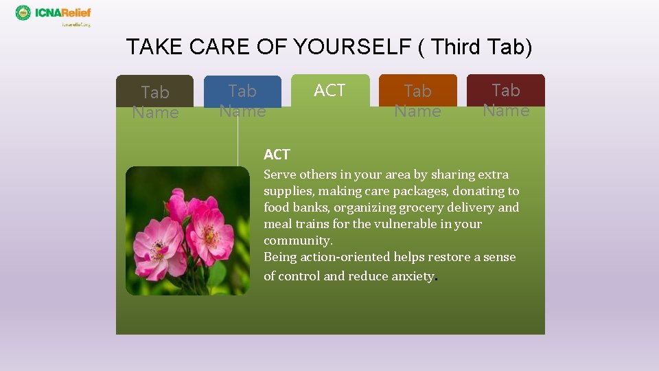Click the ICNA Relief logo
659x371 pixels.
click(x=53, y=14)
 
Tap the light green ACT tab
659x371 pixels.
click(x=329, y=90)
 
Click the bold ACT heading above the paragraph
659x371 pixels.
click(x=277, y=155)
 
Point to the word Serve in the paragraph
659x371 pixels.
click(x=279, y=175)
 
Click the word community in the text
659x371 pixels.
click(x=297, y=240)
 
